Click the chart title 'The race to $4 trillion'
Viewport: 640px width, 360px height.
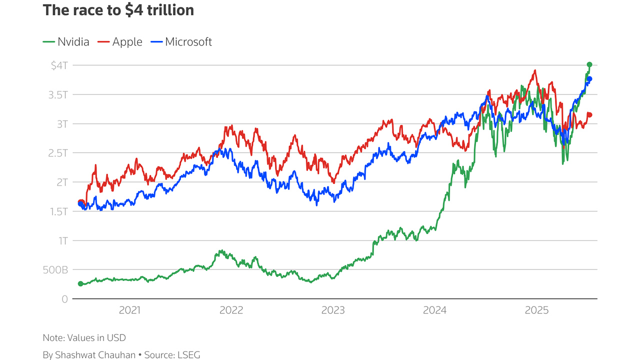click(118, 10)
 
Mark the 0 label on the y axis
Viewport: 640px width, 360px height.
click(64, 299)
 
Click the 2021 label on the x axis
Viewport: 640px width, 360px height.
click(130, 310)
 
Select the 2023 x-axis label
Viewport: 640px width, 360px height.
click(333, 310)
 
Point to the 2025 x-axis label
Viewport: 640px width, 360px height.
click(536, 310)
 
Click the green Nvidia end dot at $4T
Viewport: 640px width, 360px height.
click(589, 64)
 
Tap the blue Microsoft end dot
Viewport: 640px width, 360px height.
click(589, 79)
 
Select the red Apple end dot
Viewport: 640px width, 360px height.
click(589, 115)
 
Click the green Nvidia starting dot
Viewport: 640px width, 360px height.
click(80, 283)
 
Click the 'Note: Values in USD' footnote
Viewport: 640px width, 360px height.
click(84, 338)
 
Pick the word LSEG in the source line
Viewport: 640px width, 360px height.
click(189, 355)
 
